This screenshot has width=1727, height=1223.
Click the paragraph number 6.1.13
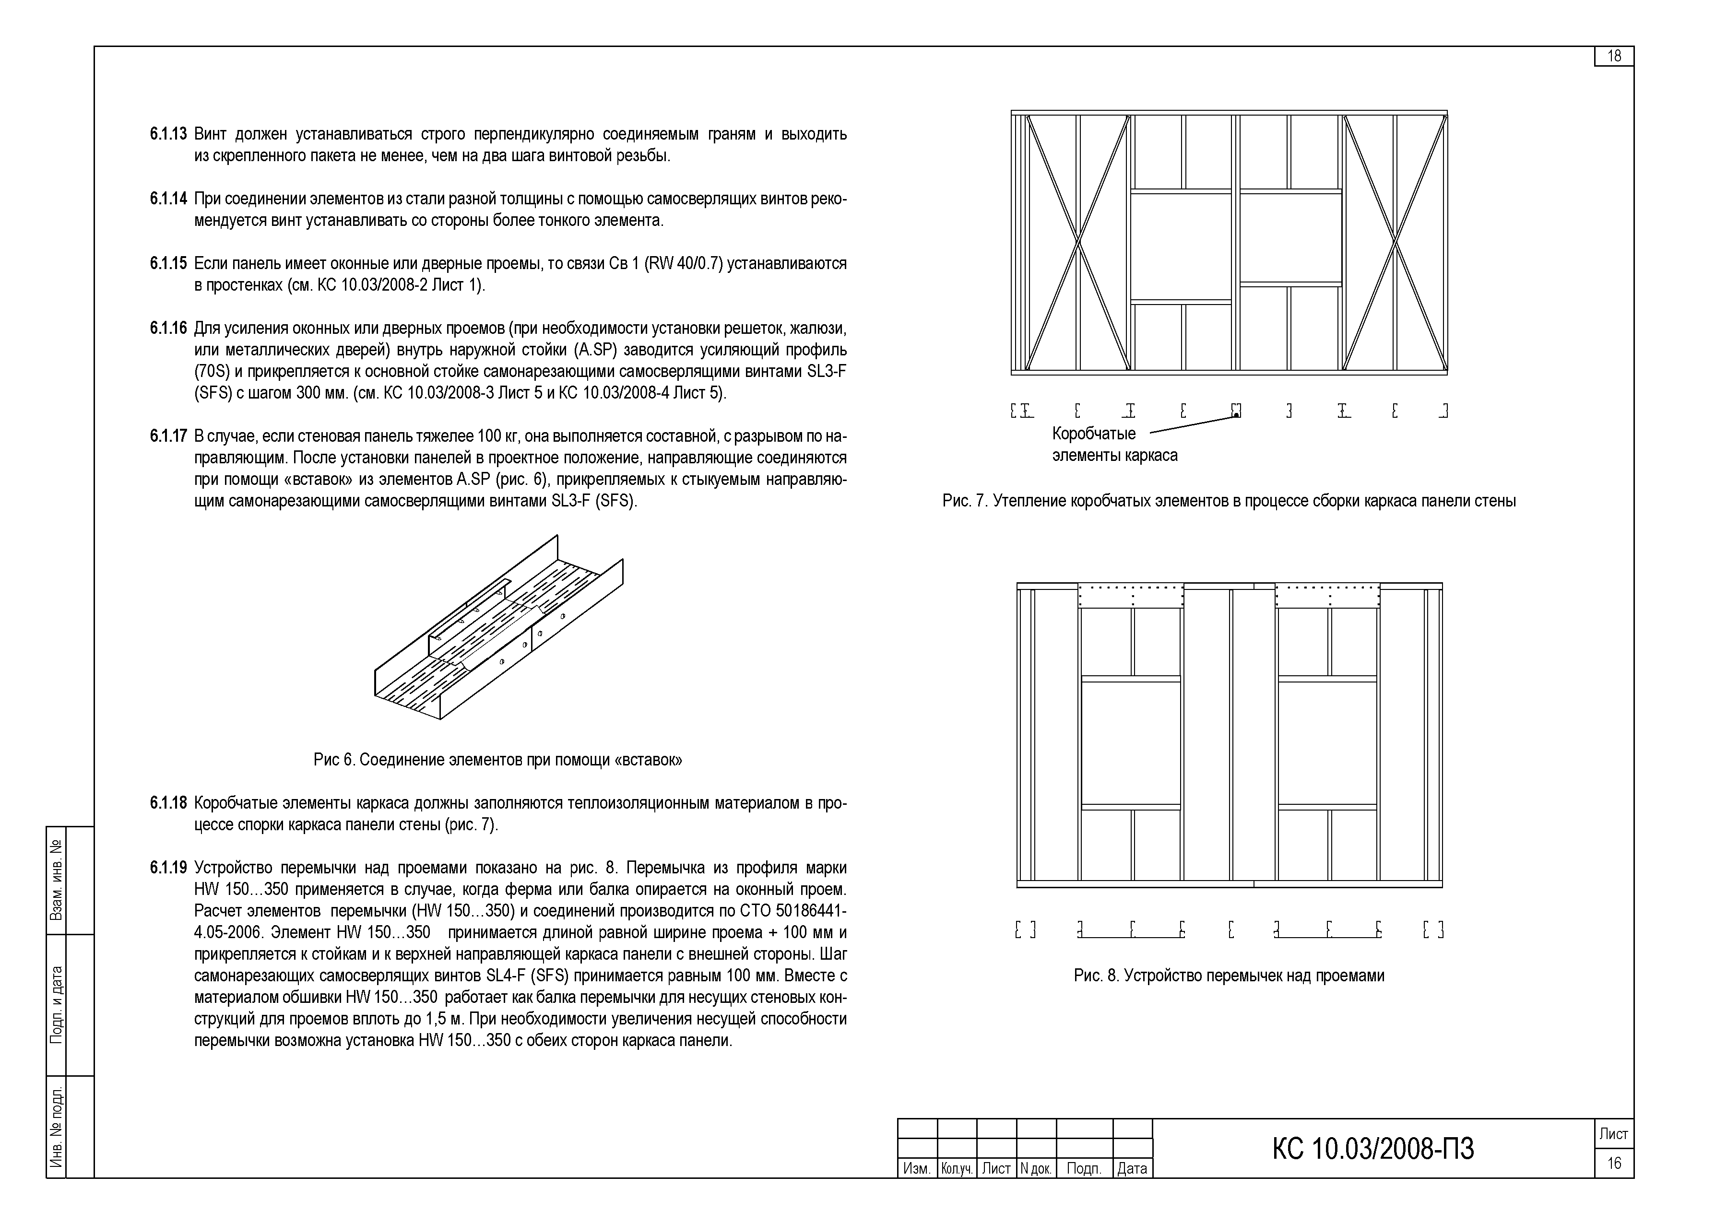168,134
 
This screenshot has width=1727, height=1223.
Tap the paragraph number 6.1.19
168,868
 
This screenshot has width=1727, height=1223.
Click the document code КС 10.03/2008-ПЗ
1373,1149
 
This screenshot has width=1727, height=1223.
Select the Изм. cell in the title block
917,1169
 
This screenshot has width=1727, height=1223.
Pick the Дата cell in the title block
1132,1169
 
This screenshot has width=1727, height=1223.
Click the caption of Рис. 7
1229,501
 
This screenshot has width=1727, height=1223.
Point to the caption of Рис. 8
1229,976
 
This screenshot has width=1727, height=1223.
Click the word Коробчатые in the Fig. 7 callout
1094,434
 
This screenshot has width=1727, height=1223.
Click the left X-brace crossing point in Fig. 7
1078,243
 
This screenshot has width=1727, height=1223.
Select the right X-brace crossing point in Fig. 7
1396,243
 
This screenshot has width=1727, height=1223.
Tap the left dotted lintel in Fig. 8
1131,596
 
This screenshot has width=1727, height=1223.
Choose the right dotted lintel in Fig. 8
1328,596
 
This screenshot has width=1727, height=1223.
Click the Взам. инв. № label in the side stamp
57,881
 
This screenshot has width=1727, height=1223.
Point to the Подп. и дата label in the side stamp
57,1005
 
